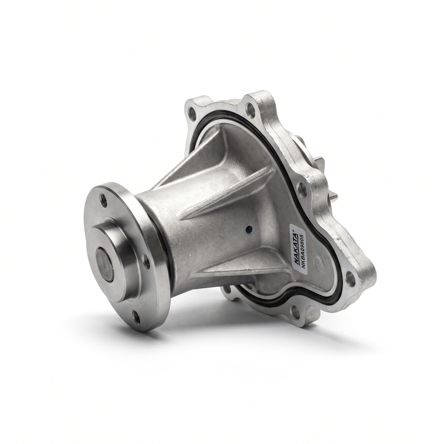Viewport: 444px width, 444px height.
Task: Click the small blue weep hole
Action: [248, 235]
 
